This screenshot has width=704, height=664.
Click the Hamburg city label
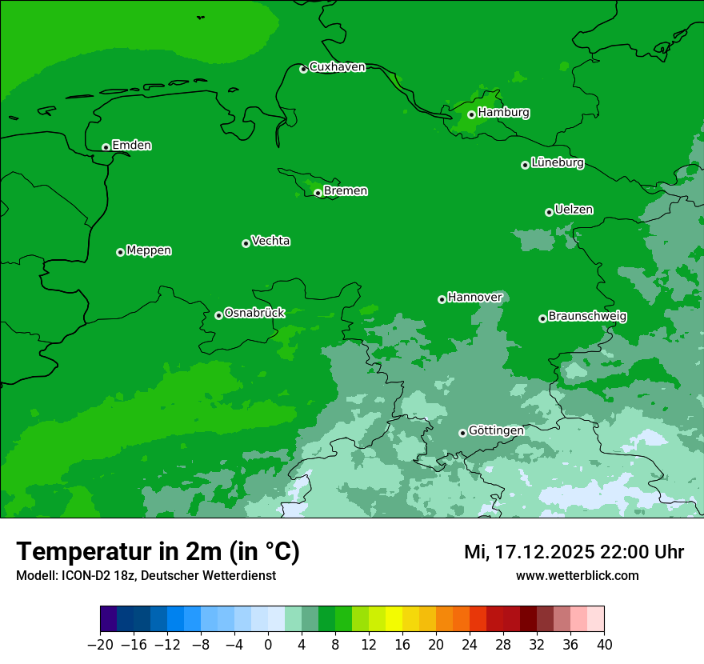[x=503, y=113]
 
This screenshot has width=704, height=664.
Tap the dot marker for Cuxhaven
[x=303, y=70]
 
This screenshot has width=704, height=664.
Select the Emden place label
[x=131, y=146]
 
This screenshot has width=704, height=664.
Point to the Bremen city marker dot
[x=318, y=193]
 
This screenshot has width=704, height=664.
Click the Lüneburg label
[x=557, y=163]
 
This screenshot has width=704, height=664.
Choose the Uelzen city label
[x=574, y=210]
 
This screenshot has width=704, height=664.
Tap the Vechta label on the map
[x=270, y=241]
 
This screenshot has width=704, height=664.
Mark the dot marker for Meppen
[x=120, y=252]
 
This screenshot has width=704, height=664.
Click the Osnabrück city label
[x=254, y=313]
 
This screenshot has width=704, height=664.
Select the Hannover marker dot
[x=442, y=300]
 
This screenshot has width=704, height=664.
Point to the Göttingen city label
[x=496, y=431]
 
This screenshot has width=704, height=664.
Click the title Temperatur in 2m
[x=158, y=552]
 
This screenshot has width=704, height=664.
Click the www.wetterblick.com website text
[x=577, y=576]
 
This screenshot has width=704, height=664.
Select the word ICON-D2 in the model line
[x=82, y=576]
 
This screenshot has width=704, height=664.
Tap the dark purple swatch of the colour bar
[x=108, y=619]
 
